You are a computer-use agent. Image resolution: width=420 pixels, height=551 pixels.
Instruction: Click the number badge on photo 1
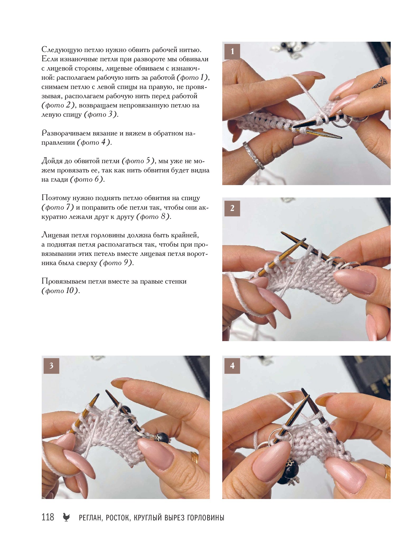coord(232,51)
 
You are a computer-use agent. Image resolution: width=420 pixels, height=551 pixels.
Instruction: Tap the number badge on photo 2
coord(232,208)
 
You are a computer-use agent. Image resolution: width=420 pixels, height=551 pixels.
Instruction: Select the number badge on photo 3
coord(51,366)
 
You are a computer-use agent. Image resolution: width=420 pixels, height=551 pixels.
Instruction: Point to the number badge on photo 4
coord(232,366)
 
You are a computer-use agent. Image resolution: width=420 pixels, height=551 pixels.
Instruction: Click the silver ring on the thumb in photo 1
coord(253,156)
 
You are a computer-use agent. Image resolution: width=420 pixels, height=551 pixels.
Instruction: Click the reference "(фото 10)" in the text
coord(60,291)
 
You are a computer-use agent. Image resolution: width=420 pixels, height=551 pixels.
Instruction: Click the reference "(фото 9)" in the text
coord(116,263)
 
